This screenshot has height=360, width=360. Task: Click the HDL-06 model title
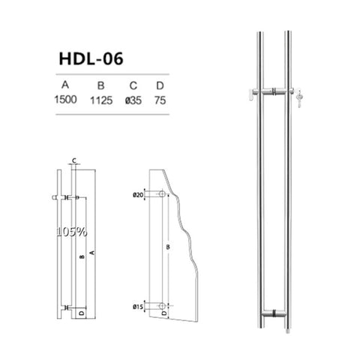pos(91,59)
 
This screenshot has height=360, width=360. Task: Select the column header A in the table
pos(65,85)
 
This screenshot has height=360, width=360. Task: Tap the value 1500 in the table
pos(65,100)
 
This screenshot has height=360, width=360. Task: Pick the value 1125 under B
pos(101,100)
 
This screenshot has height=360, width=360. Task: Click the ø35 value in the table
pos(133,100)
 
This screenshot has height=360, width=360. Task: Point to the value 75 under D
pos(160,100)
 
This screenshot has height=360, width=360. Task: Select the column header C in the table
pos(133,85)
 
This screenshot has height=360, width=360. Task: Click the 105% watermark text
pos(72,232)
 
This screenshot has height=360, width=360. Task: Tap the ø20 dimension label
pos(138,195)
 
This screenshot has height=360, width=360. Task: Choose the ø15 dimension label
pos(138,307)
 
